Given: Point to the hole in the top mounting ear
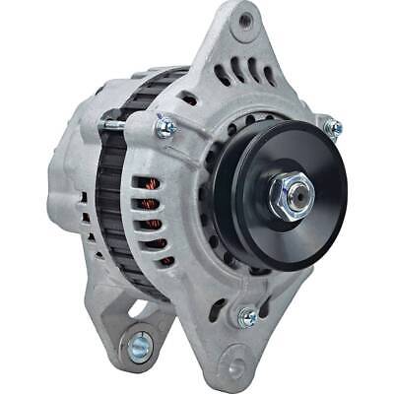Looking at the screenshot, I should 244,20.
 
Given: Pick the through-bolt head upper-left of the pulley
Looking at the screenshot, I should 164,127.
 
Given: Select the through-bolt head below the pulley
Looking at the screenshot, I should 247,316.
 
